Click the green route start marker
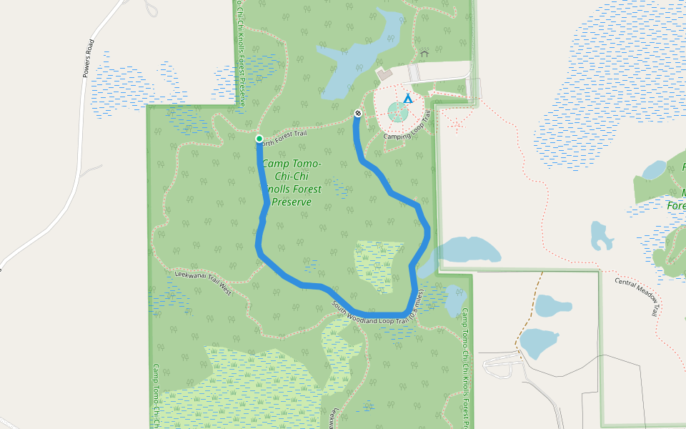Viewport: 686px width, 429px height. coord(259,139)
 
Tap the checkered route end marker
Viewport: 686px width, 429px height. coord(358,113)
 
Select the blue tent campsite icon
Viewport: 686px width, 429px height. coord(407,98)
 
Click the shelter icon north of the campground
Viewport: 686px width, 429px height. coord(424,53)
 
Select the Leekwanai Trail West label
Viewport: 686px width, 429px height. coord(203,282)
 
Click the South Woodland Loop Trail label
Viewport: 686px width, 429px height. coord(378,308)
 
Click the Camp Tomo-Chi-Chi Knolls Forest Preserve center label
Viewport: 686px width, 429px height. coord(291,183)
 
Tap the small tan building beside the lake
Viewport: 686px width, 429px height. coord(385,74)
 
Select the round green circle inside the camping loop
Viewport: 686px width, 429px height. coord(397,112)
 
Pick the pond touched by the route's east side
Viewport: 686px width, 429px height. coord(464,250)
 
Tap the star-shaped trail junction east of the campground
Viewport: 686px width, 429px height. coord(455,124)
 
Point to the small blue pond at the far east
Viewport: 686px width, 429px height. coord(654,170)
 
